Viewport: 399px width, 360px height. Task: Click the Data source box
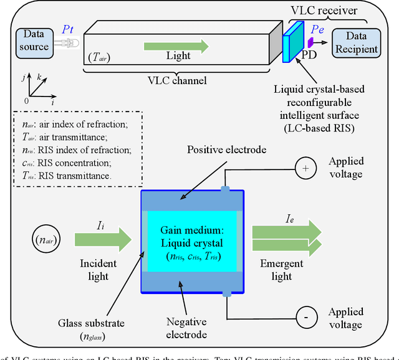click(x=34, y=40)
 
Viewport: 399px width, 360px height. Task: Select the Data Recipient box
click(x=355, y=42)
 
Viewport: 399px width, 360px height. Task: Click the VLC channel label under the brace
click(x=176, y=80)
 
